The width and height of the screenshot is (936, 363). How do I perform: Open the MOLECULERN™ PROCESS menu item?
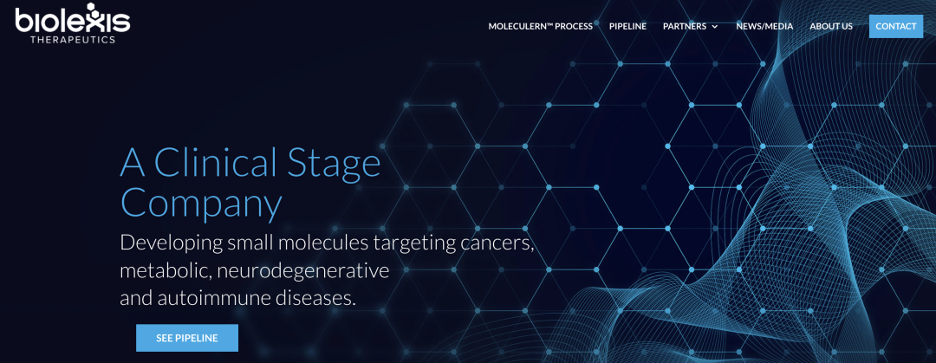coord(540,26)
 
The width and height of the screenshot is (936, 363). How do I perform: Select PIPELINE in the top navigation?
coord(627,26)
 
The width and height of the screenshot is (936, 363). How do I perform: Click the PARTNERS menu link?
coord(684,26)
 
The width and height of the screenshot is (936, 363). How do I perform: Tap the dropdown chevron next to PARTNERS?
coord(715,27)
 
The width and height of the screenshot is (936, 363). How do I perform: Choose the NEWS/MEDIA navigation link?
coord(764,26)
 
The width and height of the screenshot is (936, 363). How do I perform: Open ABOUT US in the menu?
coord(831,26)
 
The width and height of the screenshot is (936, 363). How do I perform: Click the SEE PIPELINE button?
coord(187,338)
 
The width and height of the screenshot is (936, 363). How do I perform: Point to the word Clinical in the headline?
coord(217,163)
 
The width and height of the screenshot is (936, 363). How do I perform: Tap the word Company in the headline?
coord(201,203)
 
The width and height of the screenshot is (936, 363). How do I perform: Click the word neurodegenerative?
coord(302,270)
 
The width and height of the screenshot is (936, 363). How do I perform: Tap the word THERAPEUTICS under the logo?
coord(73,39)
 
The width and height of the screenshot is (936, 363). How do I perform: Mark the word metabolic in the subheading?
coord(165,270)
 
